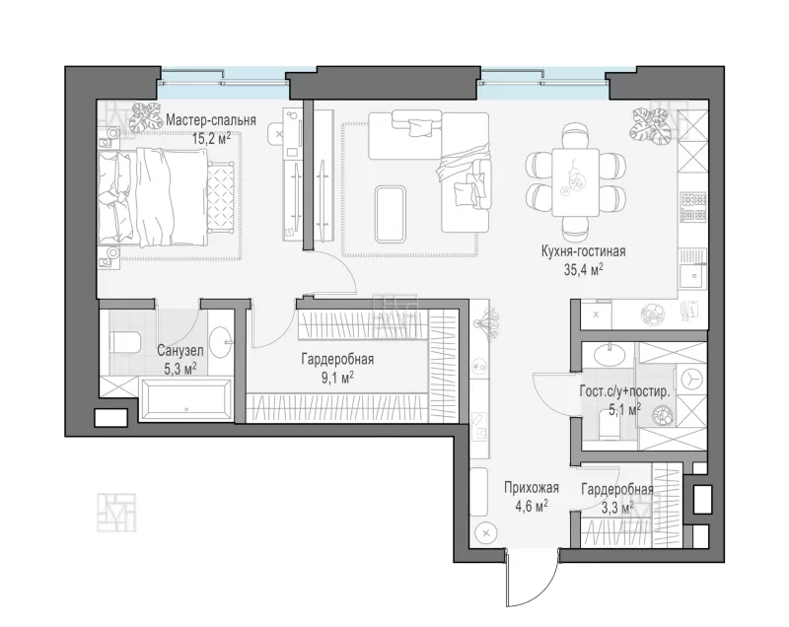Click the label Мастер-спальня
coord(211,120)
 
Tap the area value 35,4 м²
coord(583,270)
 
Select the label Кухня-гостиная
coord(583,251)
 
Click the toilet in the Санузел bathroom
coord(125,342)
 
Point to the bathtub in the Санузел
coord(186,399)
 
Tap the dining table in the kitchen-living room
coord(575,182)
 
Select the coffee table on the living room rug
coord(390,214)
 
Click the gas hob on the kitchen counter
coord(693,207)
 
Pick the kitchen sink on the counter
coord(693,275)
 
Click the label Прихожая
coord(532,488)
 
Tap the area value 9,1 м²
coord(337,379)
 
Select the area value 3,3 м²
coord(617,509)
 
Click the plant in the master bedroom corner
coord(145,116)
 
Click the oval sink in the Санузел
coord(219,342)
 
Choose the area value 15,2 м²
coord(211,138)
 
